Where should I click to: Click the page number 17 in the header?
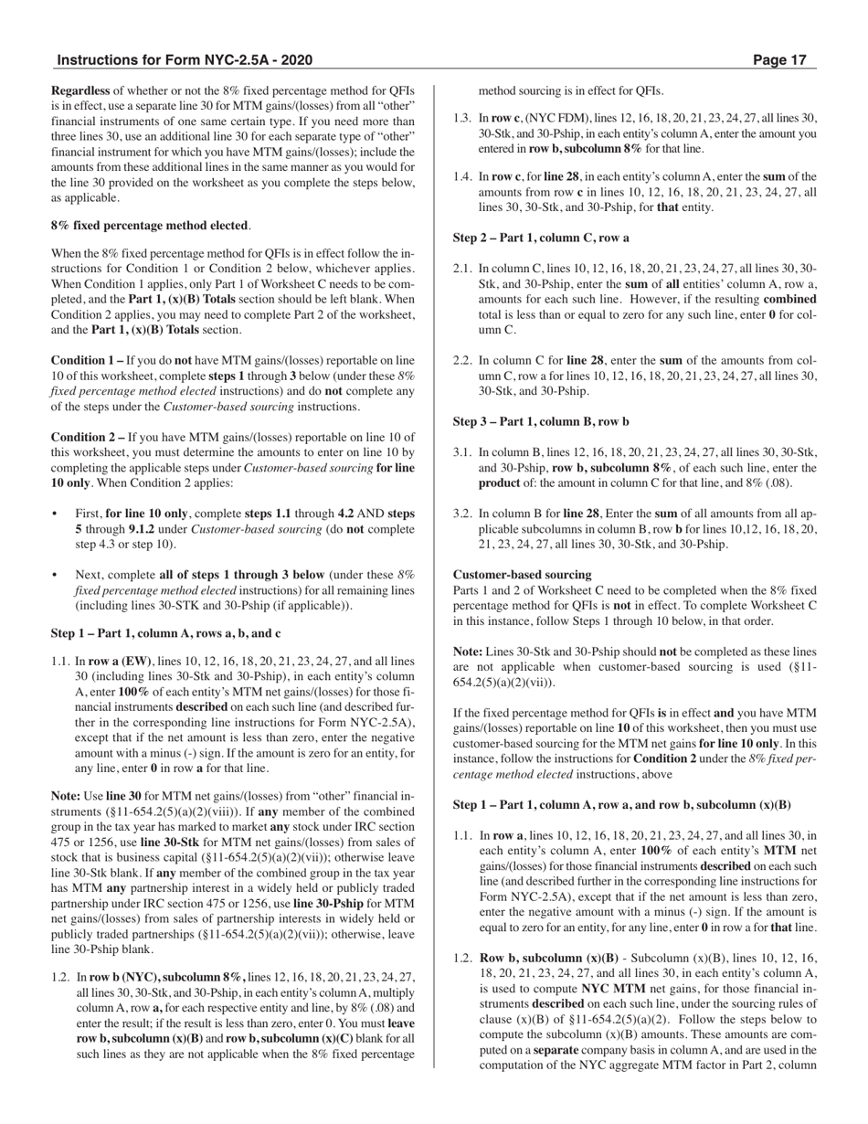pyautogui.click(x=798, y=60)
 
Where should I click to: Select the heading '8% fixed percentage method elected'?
pyautogui.click(x=150, y=225)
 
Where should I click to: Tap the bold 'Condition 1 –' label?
pyautogui.click(x=87, y=361)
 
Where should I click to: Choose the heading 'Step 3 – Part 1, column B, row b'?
pyautogui.click(x=541, y=421)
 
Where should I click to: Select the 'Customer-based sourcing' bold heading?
pyautogui.click(x=522, y=575)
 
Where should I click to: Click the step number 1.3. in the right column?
pyautogui.click(x=462, y=117)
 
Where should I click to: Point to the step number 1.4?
pyautogui.click(x=462, y=176)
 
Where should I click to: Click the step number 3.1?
pyautogui.click(x=462, y=452)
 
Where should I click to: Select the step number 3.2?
pyautogui.click(x=462, y=514)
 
